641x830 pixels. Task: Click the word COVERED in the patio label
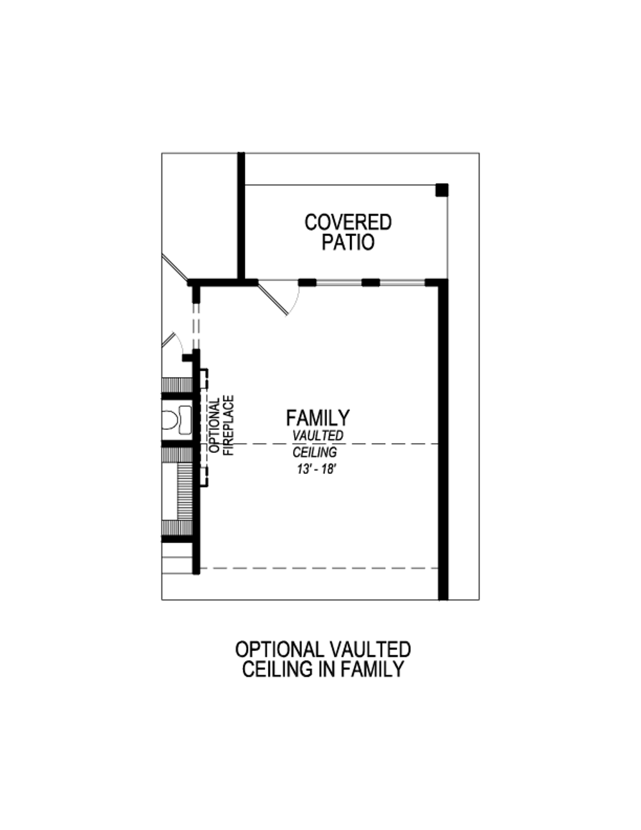[348, 223]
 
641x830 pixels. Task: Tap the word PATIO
[348, 243]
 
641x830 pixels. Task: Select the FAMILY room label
[318, 418]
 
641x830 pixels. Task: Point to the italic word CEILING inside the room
[315, 452]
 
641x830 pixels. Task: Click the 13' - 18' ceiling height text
[313, 469]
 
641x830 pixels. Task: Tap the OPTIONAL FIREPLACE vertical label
[221, 425]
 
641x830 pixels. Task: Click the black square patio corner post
[442, 190]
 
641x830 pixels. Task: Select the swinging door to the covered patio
[279, 298]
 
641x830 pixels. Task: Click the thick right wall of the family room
[443, 443]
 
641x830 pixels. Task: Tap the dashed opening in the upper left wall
[196, 327]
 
